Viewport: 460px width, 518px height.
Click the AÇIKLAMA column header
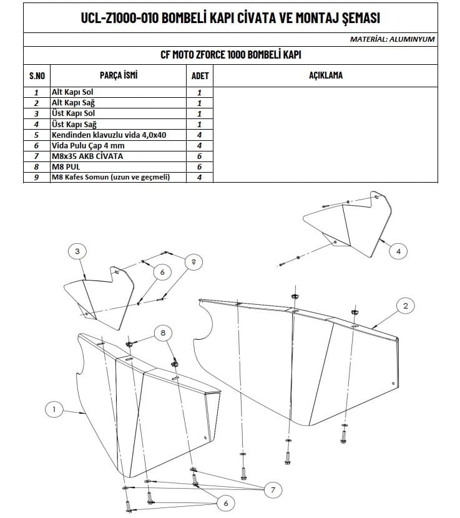tap(326, 75)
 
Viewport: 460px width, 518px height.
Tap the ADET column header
tap(200, 75)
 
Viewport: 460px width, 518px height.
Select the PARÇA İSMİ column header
tap(119, 75)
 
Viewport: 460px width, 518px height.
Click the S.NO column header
tap(37, 75)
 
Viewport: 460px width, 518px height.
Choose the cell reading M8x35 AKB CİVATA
tap(87, 156)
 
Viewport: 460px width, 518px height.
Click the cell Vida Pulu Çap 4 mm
tap(88, 146)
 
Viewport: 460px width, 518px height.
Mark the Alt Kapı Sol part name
tap(72, 92)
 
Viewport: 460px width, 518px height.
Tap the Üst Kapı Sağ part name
tap(74, 124)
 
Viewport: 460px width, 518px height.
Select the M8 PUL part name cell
tap(66, 166)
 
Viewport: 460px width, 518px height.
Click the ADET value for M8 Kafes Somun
tap(199, 177)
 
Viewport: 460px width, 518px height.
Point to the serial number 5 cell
tap(36, 135)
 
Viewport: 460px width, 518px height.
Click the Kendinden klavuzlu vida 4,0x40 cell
tap(109, 135)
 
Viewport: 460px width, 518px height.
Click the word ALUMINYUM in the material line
tap(412, 39)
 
